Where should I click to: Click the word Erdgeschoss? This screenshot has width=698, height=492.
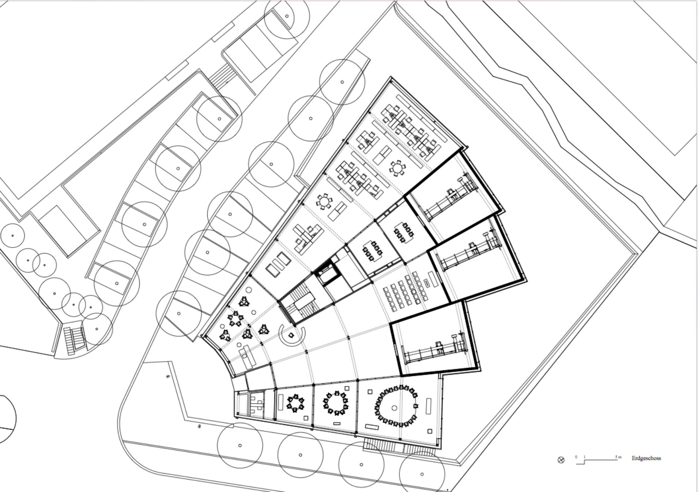click(646, 458)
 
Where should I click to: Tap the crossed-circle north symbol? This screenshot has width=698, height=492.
click(561, 460)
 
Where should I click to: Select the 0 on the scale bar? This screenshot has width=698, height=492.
click(576, 457)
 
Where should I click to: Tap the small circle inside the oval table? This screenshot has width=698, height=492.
click(394, 408)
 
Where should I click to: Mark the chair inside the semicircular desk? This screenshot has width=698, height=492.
click(291, 335)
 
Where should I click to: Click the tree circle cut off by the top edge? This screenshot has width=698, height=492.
click(287, 17)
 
